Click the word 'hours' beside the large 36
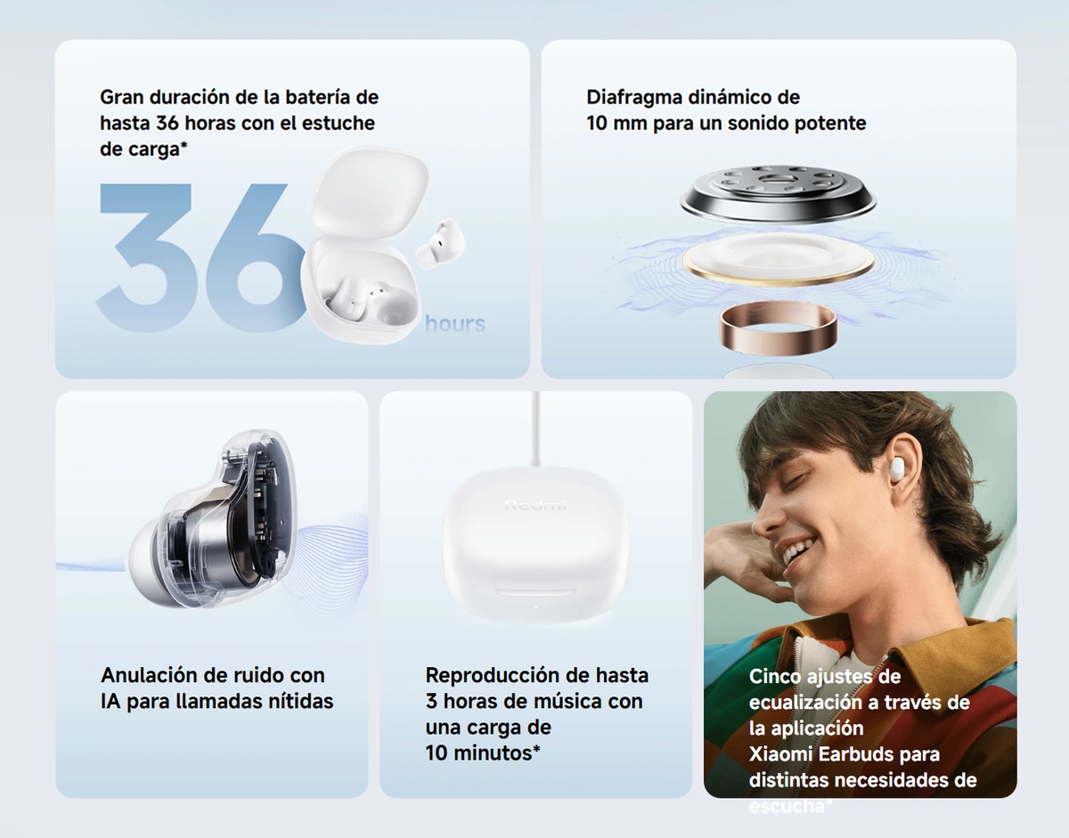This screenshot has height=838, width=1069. coord(455,323)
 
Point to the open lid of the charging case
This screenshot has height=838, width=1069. coord(371,191)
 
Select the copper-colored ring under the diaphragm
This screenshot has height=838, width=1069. coord(778,326)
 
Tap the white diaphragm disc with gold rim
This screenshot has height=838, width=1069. coord(779,261)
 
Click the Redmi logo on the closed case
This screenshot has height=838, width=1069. coord(535,505)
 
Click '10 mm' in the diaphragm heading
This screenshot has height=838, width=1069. coord(616,123)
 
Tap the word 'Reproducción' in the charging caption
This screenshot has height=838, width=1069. coord(492,676)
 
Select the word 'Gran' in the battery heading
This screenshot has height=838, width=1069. coord(121,97)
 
